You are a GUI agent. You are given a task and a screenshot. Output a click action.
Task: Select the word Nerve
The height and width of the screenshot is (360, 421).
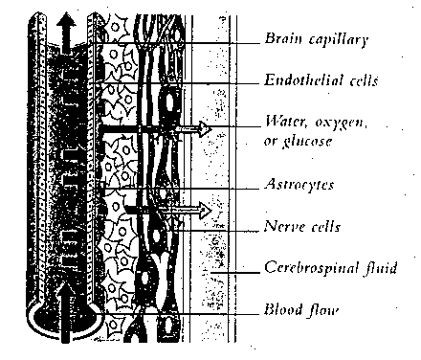(280, 228)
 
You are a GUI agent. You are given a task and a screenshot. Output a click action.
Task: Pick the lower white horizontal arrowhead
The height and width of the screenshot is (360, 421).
(201, 206)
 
